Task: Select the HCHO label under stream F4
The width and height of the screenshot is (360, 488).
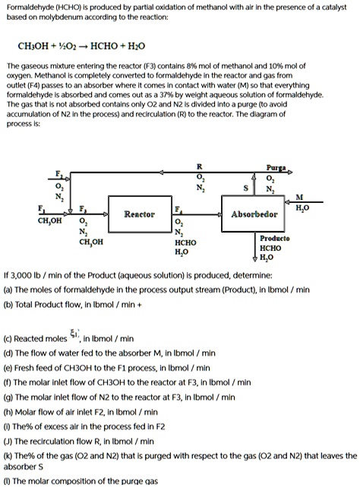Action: click(185, 242)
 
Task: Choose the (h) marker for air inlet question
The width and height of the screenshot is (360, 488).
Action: click(9, 410)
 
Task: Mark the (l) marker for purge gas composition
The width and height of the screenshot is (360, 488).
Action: click(8, 481)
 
